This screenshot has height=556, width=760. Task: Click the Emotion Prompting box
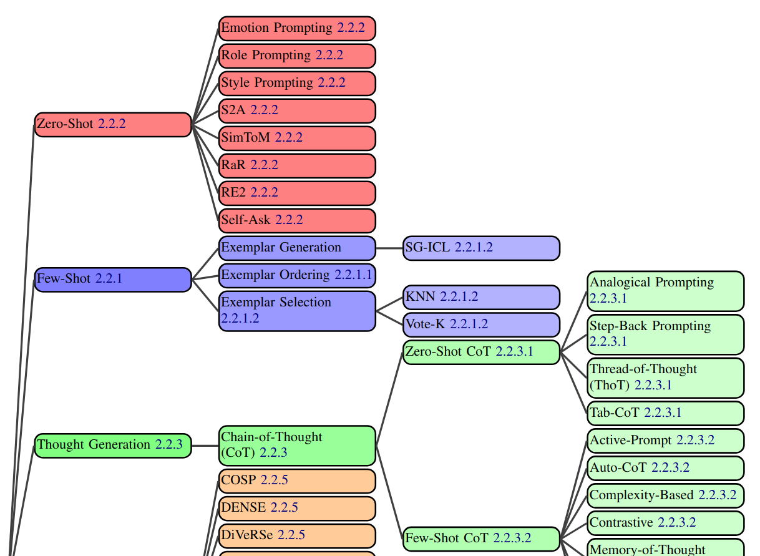297,29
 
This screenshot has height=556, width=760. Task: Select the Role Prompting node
297,56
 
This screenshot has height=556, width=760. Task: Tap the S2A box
297,111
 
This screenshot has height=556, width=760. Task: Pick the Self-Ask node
297,220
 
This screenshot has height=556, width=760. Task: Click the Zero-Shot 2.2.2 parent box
112,124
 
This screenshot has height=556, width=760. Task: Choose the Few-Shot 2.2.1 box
112,279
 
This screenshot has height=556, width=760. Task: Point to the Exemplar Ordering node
297,275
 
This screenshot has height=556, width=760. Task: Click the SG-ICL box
481,248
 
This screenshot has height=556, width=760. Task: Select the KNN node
481,297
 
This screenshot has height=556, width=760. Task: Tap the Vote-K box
481,324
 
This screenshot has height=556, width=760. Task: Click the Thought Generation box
112,446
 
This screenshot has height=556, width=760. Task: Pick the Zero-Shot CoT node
481,352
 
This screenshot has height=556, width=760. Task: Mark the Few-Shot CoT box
481,538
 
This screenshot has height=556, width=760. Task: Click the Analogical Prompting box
665,291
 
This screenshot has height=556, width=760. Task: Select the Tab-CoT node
665,413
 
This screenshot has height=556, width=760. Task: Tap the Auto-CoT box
665,468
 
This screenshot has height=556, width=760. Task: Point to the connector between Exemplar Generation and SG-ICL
389,248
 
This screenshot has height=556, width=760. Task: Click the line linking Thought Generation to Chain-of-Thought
205,446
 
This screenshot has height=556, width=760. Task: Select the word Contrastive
621,523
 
